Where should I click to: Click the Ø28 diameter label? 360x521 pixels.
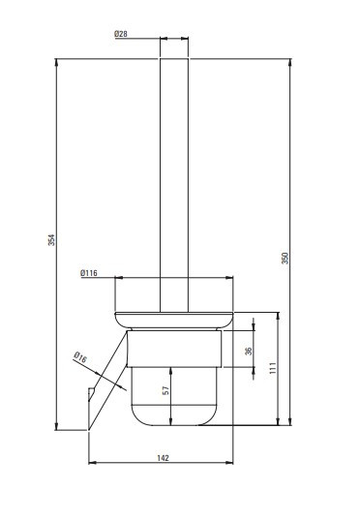(121, 34)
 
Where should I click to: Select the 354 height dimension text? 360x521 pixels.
(51, 240)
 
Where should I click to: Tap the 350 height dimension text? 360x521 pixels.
(285, 258)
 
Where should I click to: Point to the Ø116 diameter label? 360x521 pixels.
(89, 273)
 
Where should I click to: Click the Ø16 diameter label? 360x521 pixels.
(80, 357)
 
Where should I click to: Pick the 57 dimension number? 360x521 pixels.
(166, 390)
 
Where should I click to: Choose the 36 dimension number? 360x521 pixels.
(249, 351)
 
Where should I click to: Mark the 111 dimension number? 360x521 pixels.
(273, 368)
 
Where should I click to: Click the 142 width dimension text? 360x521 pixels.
(163, 458)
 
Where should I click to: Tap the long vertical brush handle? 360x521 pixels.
(174, 185)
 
